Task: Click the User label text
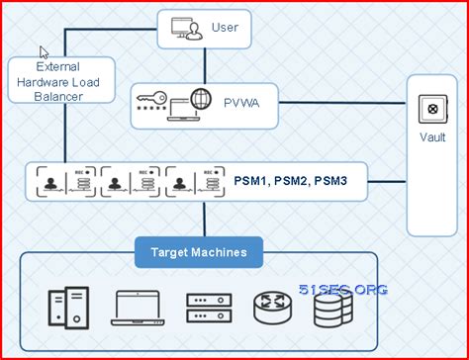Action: tap(225, 27)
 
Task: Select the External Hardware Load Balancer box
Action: tap(59, 80)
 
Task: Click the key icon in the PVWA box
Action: tap(151, 102)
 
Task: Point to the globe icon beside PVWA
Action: tap(201, 100)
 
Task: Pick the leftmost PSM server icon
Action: tap(65, 182)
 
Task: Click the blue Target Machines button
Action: tap(199, 253)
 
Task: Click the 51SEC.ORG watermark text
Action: tap(343, 289)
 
